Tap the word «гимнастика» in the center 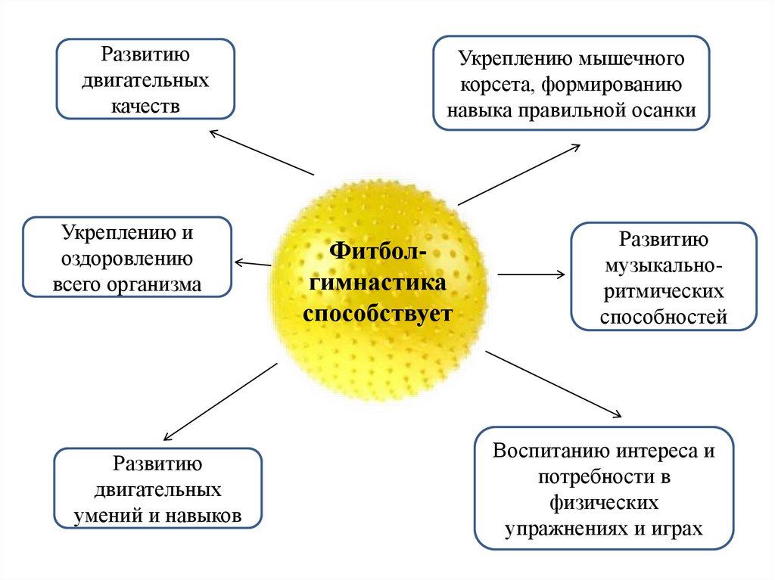click(x=376, y=284)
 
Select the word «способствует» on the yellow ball click(x=377, y=312)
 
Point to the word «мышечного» click(x=633, y=59)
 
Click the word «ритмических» click(x=664, y=292)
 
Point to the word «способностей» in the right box click(x=664, y=318)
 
